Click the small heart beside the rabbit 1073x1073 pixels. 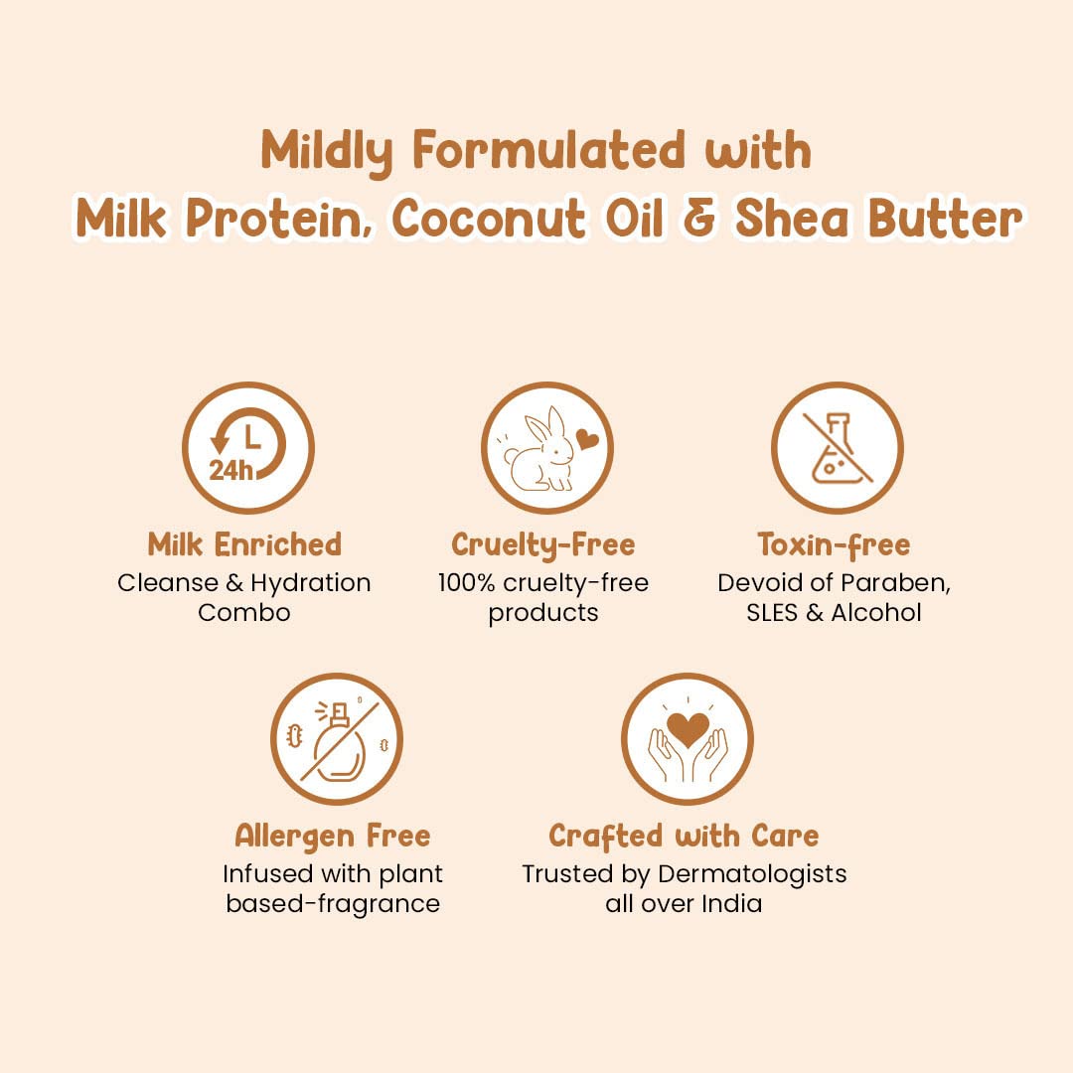[x=587, y=439]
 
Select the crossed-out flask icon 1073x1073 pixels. [x=837, y=448]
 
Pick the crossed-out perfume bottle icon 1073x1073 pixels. [x=337, y=739]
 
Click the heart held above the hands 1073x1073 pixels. [x=688, y=729]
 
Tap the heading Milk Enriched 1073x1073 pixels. [x=244, y=545]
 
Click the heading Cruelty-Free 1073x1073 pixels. [x=543, y=546]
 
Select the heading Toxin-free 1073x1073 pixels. [x=834, y=546]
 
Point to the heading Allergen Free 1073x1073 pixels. [x=333, y=837]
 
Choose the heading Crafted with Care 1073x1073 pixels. [x=684, y=837]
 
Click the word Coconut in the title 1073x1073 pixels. [x=489, y=219]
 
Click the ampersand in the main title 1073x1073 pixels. [x=699, y=220]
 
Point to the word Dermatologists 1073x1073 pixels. [x=752, y=875]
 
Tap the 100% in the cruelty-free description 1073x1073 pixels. [x=466, y=583]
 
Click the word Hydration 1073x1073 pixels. [x=311, y=584]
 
